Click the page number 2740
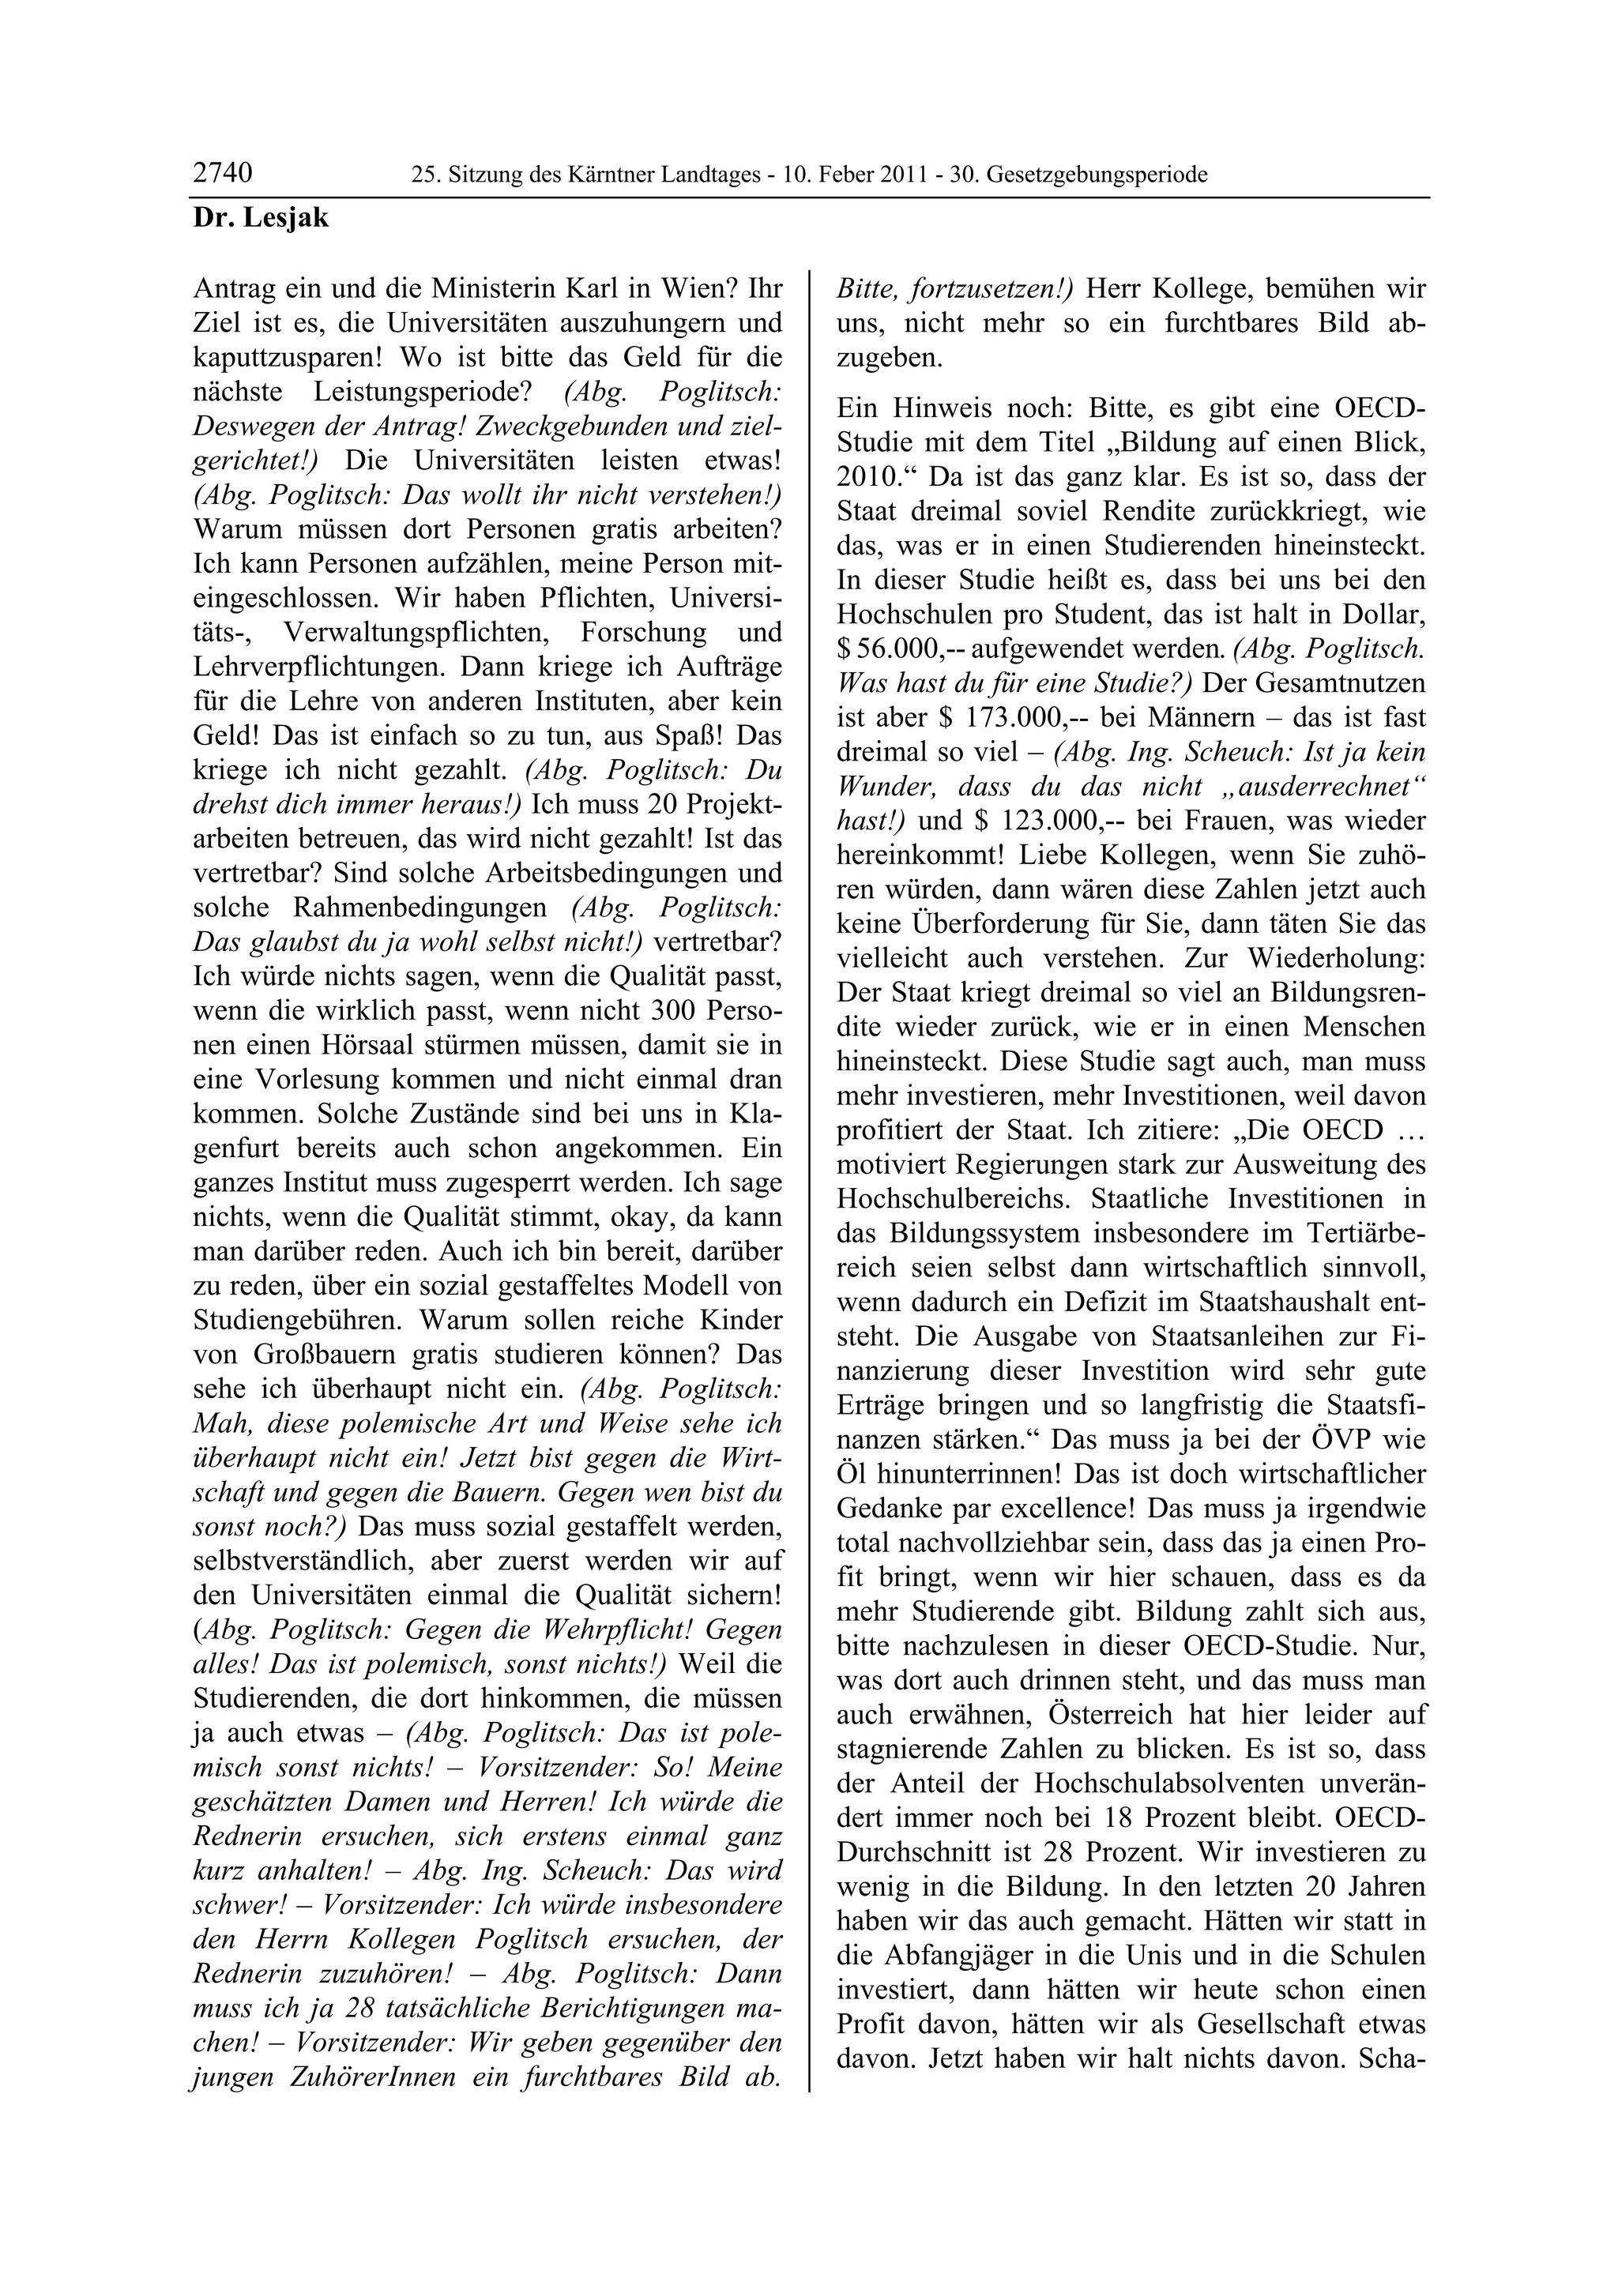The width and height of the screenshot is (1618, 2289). pos(222,174)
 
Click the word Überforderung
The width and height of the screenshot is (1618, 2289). pos(1014,924)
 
